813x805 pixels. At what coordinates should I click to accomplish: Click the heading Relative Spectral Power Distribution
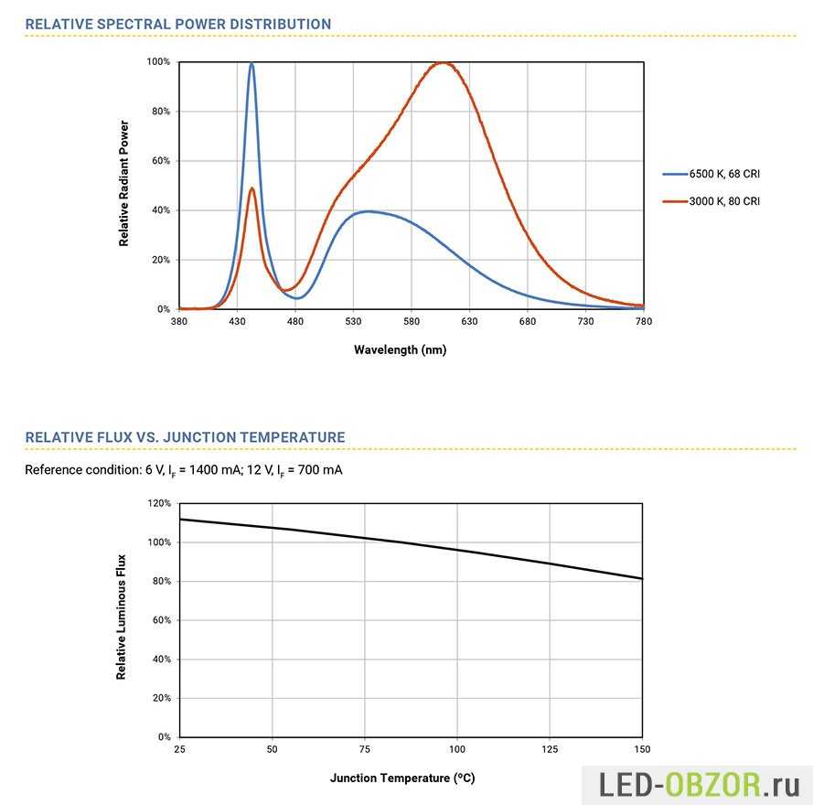(x=178, y=24)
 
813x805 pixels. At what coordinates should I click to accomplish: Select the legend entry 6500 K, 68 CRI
(x=723, y=173)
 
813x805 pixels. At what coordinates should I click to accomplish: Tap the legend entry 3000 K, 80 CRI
(x=723, y=201)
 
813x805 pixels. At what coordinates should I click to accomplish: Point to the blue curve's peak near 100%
(x=251, y=64)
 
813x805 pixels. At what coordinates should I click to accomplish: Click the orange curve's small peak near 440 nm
(x=251, y=188)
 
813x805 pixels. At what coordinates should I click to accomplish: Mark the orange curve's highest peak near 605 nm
(x=444, y=63)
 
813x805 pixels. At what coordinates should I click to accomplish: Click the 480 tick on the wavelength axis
(x=295, y=321)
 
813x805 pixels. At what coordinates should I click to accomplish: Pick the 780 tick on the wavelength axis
(x=644, y=321)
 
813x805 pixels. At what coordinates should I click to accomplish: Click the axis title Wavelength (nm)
(x=401, y=349)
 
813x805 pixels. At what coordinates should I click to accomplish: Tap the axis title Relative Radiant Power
(x=123, y=184)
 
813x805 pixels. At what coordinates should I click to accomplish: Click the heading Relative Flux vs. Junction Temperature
(x=185, y=437)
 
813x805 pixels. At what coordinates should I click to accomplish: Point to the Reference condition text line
(x=184, y=470)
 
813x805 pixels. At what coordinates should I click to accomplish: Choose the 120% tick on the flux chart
(x=159, y=504)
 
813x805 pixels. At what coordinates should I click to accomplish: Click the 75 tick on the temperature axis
(x=365, y=748)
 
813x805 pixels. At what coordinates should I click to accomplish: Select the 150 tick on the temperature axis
(x=642, y=748)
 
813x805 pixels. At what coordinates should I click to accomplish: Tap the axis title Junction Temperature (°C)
(x=402, y=778)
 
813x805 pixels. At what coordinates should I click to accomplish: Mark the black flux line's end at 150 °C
(x=642, y=578)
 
